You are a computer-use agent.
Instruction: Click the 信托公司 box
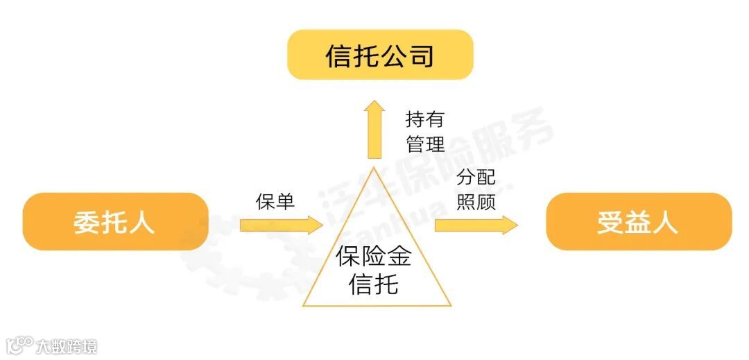tap(380, 55)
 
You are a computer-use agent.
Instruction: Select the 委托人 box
tap(115, 222)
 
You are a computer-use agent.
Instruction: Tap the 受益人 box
tap(639, 222)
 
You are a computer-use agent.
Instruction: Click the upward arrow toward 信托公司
tap(375, 129)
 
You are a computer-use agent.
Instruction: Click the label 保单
tap(275, 201)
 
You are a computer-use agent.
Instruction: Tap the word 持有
tap(424, 120)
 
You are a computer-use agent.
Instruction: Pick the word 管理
tap(424, 144)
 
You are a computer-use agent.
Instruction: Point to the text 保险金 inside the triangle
tap(374, 257)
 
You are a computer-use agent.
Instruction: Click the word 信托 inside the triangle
tap(374, 283)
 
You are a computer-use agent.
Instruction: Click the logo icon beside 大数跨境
tap(20, 345)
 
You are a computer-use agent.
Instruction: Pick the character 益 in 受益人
tap(638, 222)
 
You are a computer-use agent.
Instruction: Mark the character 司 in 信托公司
tap(420, 55)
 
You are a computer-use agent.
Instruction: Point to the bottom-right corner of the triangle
tap(450, 305)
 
